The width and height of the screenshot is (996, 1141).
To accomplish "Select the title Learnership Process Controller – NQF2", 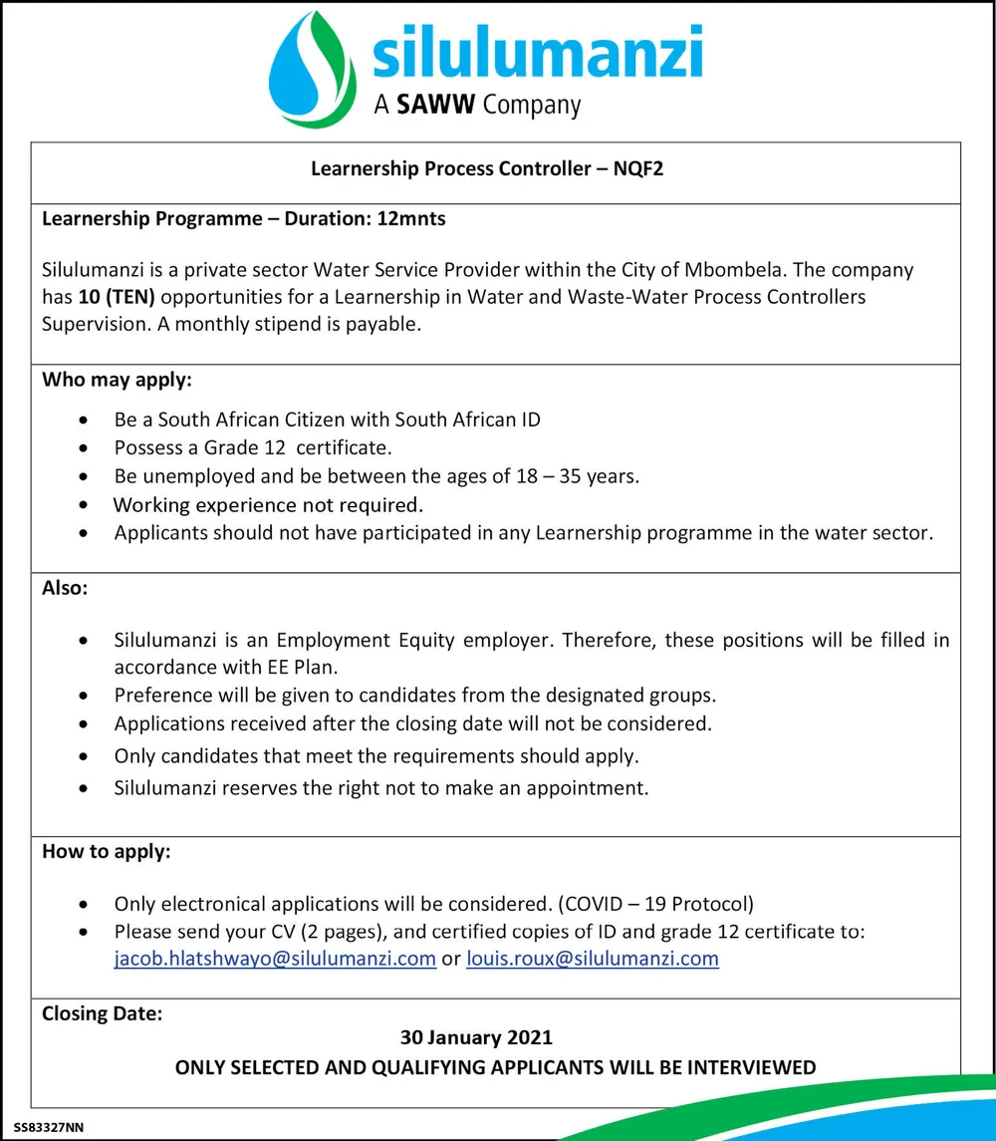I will pyautogui.click(x=487, y=168).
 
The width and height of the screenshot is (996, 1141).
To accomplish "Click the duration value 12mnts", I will pyautogui.click(x=411, y=218).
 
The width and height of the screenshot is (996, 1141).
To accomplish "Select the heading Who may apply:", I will pyautogui.click(x=117, y=380).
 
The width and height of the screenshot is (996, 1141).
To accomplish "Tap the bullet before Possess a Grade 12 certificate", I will pyautogui.click(x=91, y=447).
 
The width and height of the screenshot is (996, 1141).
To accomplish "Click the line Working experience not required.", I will pyautogui.click(x=269, y=504).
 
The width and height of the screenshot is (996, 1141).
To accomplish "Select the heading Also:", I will pyautogui.click(x=65, y=588).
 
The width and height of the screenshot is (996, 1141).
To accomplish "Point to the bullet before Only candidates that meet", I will pyautogui.click(x=91, y=757).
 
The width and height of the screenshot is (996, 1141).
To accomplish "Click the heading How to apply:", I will pyautogui.click(x=107, y=852).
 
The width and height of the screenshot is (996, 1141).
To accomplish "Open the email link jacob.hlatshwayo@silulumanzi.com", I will pyautogui.click(x=275, y=959).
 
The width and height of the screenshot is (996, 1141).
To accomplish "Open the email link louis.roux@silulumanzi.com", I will pyautogui.click(x=592, y=959).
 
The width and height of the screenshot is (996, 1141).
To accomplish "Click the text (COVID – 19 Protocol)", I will pyautogui.click(x=656, y=904).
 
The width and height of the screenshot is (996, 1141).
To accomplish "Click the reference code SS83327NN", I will pyautogui.click(x=50, y=1127).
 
